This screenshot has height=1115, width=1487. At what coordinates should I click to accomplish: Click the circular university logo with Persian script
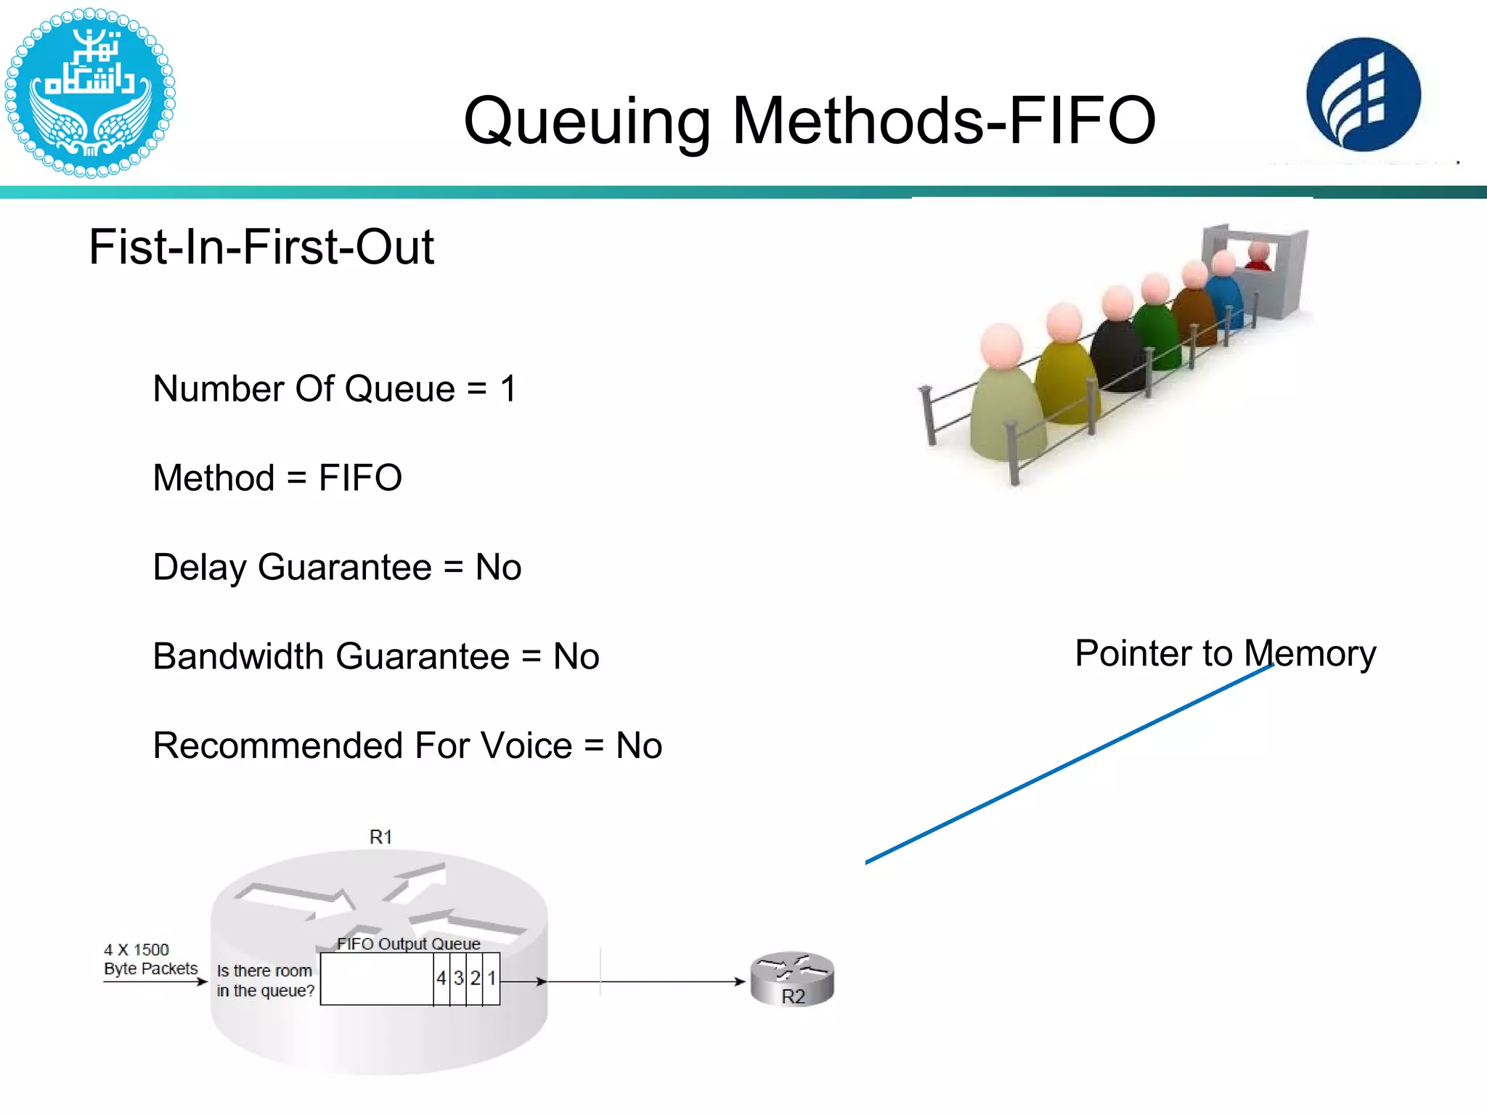coord(89,92)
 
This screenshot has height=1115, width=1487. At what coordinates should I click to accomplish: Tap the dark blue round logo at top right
coord(1363,95)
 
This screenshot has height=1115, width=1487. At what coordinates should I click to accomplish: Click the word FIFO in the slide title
coord(1082,121)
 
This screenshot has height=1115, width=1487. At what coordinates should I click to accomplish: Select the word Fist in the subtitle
coord(127,247)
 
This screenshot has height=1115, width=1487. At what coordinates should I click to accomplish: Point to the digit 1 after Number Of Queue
coord(508,388)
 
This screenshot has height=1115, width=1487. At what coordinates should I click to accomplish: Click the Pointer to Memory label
coord(1225,653)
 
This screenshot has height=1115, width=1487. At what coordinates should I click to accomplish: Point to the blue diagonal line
coord(1067,764)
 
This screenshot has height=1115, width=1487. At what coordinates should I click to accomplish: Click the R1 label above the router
coord(380,837)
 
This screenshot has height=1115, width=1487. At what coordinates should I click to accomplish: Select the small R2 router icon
coord(792,979)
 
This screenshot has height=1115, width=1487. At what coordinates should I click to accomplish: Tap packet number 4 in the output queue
coord(441,979)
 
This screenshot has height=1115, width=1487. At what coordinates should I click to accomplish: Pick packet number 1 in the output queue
coord(492,979)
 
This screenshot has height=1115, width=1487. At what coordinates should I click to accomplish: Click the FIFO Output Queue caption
coord(408,944)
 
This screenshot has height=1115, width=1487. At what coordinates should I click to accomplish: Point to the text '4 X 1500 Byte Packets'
coord(150,959)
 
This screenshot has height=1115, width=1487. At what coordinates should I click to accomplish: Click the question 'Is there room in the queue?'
coord(265,981)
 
